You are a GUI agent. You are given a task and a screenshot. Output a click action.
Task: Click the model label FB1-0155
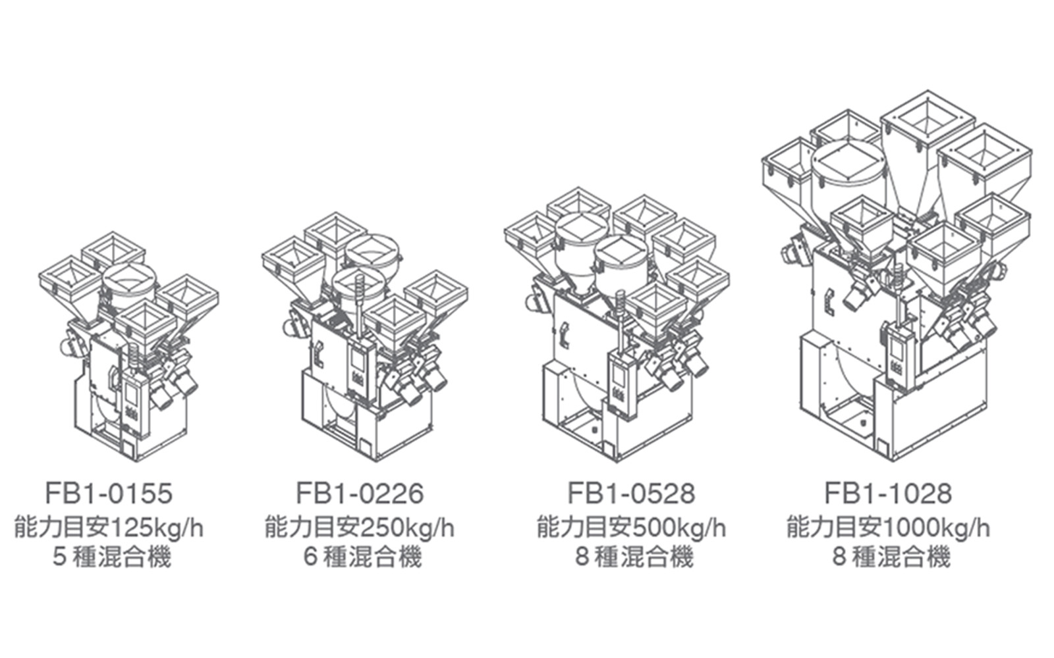109,493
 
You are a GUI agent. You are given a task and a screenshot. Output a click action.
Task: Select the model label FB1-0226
360,493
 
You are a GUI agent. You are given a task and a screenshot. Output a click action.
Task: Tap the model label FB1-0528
631,493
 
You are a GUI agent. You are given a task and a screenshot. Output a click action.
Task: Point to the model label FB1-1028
888,493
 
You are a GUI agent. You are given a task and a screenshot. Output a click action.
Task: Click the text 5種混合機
112,557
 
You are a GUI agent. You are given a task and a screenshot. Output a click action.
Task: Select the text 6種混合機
362,557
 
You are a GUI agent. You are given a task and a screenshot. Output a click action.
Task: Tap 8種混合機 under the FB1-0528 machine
634,557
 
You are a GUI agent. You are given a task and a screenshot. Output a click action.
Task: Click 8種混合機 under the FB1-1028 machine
891,557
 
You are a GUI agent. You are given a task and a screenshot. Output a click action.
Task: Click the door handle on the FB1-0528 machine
564,337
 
